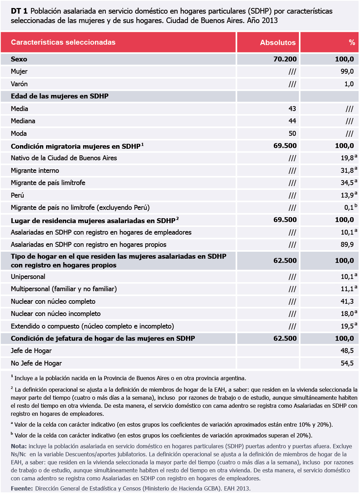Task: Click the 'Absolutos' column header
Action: click(x=278, y=43)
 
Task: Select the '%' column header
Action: click(x=352, y=43)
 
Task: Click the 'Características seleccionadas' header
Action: click(x=63, y=42)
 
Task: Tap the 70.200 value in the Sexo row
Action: click(x=285, y=59)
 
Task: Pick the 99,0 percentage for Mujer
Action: click(x=347, y=72)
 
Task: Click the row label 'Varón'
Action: click(x=19, y=84)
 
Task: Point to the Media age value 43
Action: click(x=292, y=109)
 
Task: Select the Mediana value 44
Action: click(x=292, y=121)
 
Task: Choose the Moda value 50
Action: click(x=292, y=133)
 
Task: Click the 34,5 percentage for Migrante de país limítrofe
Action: click(x=347, y=183)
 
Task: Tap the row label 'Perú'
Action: click(x=17, y=195)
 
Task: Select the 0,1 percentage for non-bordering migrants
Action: click(x=349, y=208)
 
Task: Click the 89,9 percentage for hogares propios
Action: click(x=347, y=244)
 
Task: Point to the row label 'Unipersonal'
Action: click(x=28, y=277)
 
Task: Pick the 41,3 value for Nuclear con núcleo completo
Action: click(x=347, y=301)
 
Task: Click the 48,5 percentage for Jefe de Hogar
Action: click(x=347, y=351)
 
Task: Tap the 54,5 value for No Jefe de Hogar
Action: click(x=347, y=363)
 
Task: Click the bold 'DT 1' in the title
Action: click(x=19, y=11)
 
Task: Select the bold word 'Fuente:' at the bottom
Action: click(x=22, y=488)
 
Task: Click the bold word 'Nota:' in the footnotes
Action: click(x=19, y=446)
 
